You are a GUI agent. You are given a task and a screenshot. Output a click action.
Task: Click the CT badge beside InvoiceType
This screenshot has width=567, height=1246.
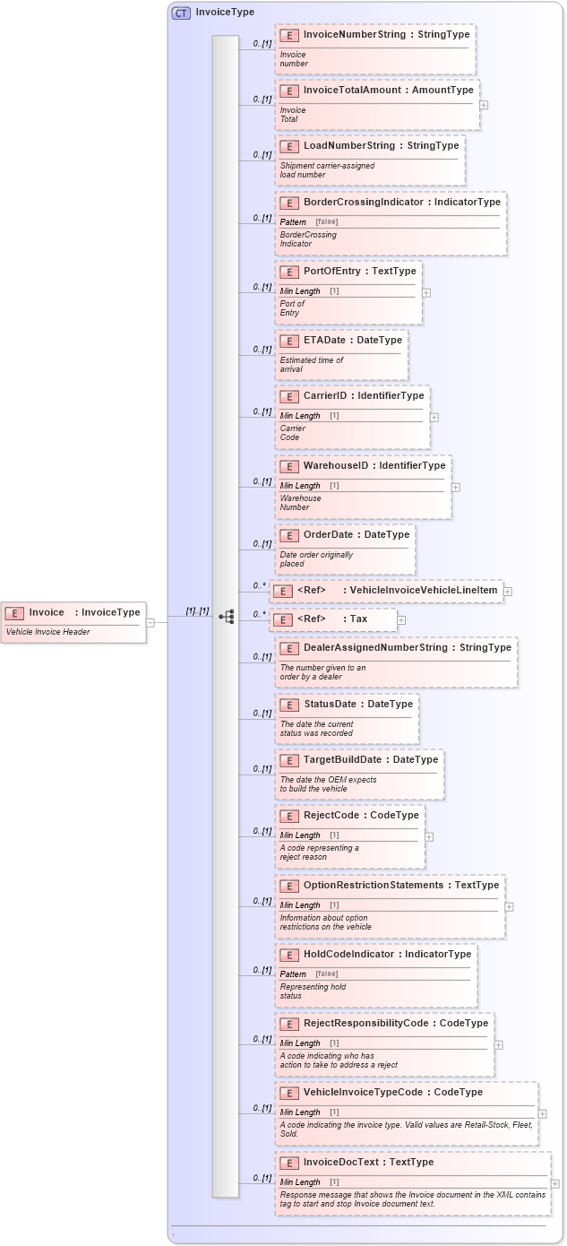click(181, 13)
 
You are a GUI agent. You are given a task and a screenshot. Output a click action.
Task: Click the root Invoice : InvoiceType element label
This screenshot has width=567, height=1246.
click(84, 612)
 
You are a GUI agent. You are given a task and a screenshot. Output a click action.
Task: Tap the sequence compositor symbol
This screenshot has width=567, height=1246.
click(226, 617)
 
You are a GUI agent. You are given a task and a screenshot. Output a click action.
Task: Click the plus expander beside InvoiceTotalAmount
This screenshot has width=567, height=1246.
click(484, 105)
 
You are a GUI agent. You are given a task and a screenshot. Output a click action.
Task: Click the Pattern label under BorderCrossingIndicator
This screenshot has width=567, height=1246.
click(293, 221)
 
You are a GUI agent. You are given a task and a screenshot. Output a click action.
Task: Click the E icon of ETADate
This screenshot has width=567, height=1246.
click(288, 342)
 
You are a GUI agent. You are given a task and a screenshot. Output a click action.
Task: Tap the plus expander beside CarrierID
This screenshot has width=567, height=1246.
click(434, 417)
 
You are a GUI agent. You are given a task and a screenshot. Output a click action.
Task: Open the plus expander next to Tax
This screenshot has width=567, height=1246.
click(401, 619)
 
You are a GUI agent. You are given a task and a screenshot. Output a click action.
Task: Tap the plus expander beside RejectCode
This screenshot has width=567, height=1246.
click(429, 836)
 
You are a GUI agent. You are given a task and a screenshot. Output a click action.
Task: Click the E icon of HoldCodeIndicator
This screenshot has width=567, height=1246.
click(288, 955)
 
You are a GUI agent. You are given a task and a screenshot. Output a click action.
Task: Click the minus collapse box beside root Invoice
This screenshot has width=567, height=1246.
click(150, 622)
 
